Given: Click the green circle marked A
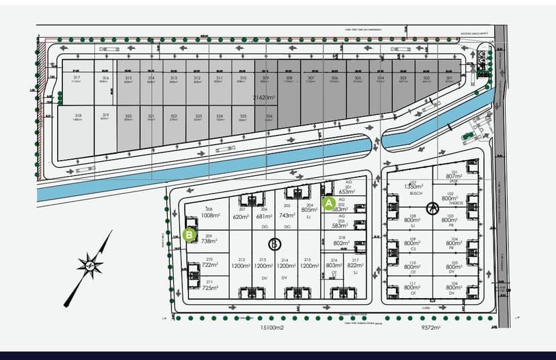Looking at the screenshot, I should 329,202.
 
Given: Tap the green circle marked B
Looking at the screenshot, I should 189,234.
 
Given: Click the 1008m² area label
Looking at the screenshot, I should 210,216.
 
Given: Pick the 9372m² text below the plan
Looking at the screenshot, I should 430,328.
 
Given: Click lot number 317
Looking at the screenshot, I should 77,78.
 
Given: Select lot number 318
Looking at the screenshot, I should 79,116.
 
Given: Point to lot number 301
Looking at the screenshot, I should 449,78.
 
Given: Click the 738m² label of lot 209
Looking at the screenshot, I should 209,240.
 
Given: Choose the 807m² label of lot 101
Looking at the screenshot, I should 455,177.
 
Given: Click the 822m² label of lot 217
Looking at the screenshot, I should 356,265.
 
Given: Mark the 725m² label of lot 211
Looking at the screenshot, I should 210,287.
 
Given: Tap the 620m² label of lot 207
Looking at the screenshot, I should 241,216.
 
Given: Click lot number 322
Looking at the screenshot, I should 174,116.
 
